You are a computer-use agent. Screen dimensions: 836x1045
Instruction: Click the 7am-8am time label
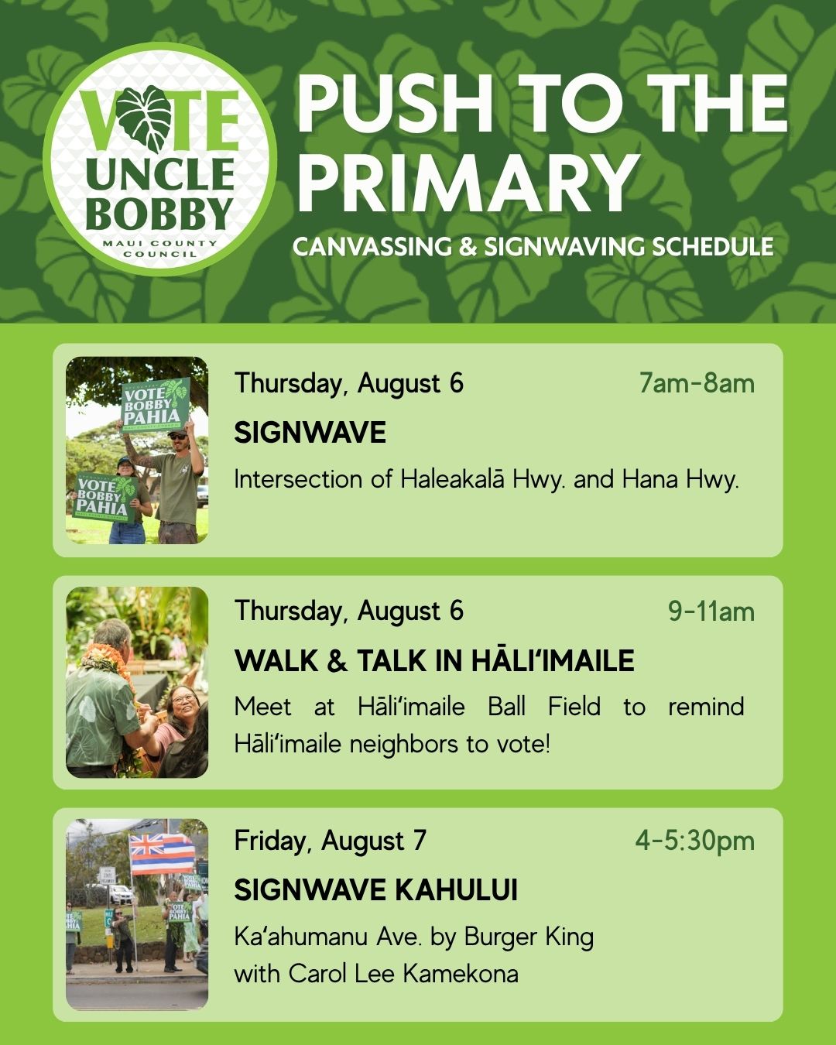pos(697,383)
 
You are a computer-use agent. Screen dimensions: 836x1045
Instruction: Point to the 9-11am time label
pos(711,611)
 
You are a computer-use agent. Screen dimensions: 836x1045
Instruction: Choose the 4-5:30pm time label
pos(694,841)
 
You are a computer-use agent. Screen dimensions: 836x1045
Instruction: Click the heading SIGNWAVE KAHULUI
pos(375,889)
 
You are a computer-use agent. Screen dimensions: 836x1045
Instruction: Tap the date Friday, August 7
pos(330,841)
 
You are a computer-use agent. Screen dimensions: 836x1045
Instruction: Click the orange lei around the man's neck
pos(107,663)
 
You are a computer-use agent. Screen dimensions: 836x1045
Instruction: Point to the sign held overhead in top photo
pos(155,404)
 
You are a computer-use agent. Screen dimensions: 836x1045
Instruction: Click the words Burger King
pos(529,937)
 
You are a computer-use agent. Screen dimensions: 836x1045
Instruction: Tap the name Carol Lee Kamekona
pos(403,973)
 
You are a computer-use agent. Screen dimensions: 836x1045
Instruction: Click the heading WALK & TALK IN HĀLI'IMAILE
pos(434,660)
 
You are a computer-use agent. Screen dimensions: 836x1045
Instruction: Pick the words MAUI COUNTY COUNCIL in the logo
pos(159,248)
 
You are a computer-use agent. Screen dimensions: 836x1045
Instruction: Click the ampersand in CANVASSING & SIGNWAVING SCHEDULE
pos(468,247)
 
